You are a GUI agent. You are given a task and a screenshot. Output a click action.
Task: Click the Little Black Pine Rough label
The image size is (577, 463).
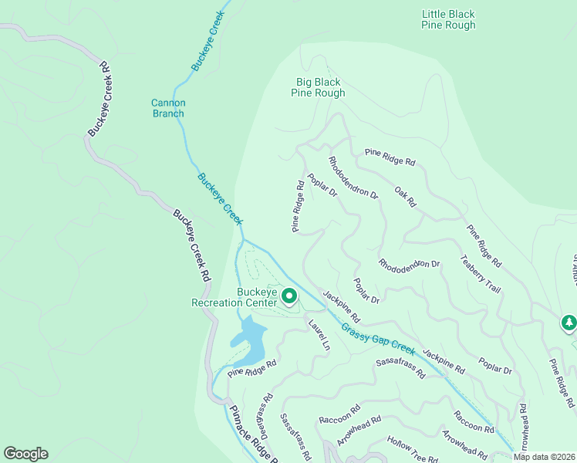[448, 19]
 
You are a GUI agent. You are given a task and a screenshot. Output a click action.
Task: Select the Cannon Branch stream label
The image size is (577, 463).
[167, 108]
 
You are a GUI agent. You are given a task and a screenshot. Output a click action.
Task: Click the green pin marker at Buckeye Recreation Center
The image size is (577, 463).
[289, 296]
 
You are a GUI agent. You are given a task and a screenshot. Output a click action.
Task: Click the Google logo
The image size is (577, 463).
[25, 454]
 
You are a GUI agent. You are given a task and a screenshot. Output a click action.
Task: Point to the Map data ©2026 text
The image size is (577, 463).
[544, 457]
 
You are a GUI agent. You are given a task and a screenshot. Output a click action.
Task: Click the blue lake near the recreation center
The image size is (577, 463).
[248, 340]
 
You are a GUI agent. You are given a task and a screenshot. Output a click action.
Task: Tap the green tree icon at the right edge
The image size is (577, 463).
[569, 323]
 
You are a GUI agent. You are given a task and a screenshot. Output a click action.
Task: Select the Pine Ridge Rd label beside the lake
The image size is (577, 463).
[251, 368]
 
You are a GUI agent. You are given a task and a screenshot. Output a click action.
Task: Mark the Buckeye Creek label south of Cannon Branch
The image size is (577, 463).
[220, 198]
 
